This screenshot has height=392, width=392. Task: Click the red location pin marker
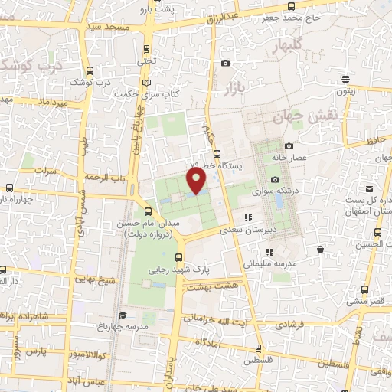click(197, 181)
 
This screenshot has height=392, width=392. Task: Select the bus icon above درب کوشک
click(91, 70)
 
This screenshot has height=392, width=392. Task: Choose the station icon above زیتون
click(348, 79)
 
